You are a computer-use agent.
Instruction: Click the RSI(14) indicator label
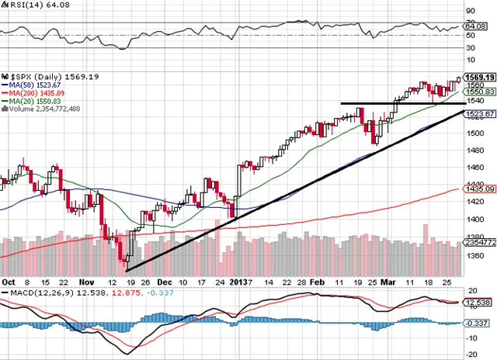24,5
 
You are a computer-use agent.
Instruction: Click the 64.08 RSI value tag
474,27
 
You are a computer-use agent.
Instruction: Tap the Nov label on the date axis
87,282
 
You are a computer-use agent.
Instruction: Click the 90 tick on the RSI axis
469,11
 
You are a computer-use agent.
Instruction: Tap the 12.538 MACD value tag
476,302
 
